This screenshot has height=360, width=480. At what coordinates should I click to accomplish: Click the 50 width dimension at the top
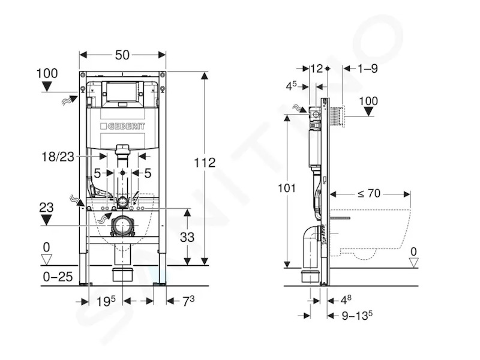[x=122, y=55]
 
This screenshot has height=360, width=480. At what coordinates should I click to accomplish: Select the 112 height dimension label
[x=205, y=163]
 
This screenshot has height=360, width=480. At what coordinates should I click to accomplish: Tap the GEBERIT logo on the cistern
[x=122, y=126]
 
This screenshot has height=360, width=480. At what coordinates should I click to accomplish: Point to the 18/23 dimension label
[x=58, y=157]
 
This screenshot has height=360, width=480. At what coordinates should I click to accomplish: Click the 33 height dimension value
[x=187, y=236]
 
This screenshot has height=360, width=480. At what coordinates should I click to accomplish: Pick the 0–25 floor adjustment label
[x=58, y=277]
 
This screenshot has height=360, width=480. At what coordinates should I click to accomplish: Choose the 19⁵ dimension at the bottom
[x=106, y=301]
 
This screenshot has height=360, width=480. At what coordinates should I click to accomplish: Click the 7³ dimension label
[x=188, y=301]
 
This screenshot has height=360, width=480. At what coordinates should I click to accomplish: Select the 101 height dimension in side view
[x=287, y=188]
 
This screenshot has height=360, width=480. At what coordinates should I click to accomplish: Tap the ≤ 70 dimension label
[x=369, y=194]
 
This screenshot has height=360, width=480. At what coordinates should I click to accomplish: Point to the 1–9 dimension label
[x=368, y=68]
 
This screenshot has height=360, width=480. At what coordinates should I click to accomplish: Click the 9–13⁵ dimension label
[x=357, y=316]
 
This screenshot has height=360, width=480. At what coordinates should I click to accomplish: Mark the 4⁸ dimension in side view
[x=346, y=300]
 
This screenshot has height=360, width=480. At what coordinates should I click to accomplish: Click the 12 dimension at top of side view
[x=317, y=68]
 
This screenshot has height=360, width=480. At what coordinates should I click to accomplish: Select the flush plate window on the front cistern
[x=122, y=92]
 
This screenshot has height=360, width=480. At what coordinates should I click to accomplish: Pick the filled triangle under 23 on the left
[x=46, y=220]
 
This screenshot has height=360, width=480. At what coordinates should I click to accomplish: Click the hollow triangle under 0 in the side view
[x=413, y=263]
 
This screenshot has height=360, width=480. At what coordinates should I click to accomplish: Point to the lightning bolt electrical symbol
[x=135, y=198]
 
